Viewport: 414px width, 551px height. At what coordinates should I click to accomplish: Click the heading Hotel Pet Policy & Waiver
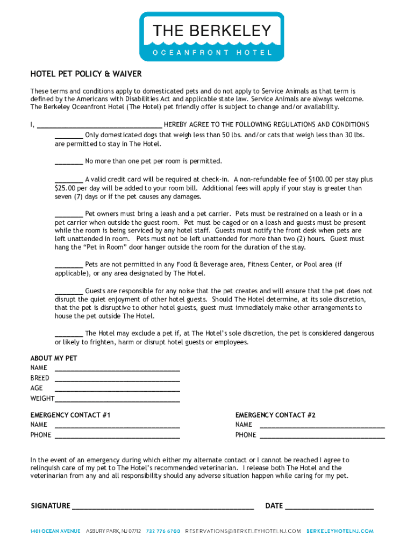click(x=86, y=74)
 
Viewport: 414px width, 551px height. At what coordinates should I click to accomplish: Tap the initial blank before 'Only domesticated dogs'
click(x=69, y=136)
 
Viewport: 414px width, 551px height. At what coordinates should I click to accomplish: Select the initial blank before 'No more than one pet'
click(x=69, y=162)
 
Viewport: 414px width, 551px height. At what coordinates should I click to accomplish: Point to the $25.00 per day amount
click(x=66, y=188)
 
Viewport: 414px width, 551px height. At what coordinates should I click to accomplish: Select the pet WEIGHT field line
click(x=117, y=400)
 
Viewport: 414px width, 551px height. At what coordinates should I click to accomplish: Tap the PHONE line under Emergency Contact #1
click(x=117, y=436)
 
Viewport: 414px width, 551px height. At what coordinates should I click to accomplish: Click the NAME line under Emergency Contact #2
click(x=322, y=426)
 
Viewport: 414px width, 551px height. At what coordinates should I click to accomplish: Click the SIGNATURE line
click(x=163, y=507)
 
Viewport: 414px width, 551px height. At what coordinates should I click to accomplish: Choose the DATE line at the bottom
click(x=329, y=507)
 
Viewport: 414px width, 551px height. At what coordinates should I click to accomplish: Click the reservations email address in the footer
click(x=243, y=531)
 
